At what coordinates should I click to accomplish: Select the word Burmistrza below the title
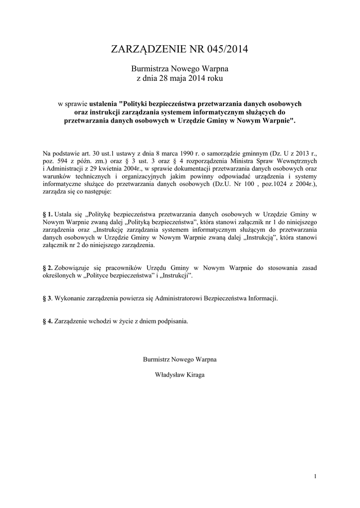148,69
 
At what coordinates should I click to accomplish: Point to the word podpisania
173,321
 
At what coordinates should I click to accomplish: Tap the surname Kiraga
196,375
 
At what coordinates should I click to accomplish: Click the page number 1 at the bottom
315,477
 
